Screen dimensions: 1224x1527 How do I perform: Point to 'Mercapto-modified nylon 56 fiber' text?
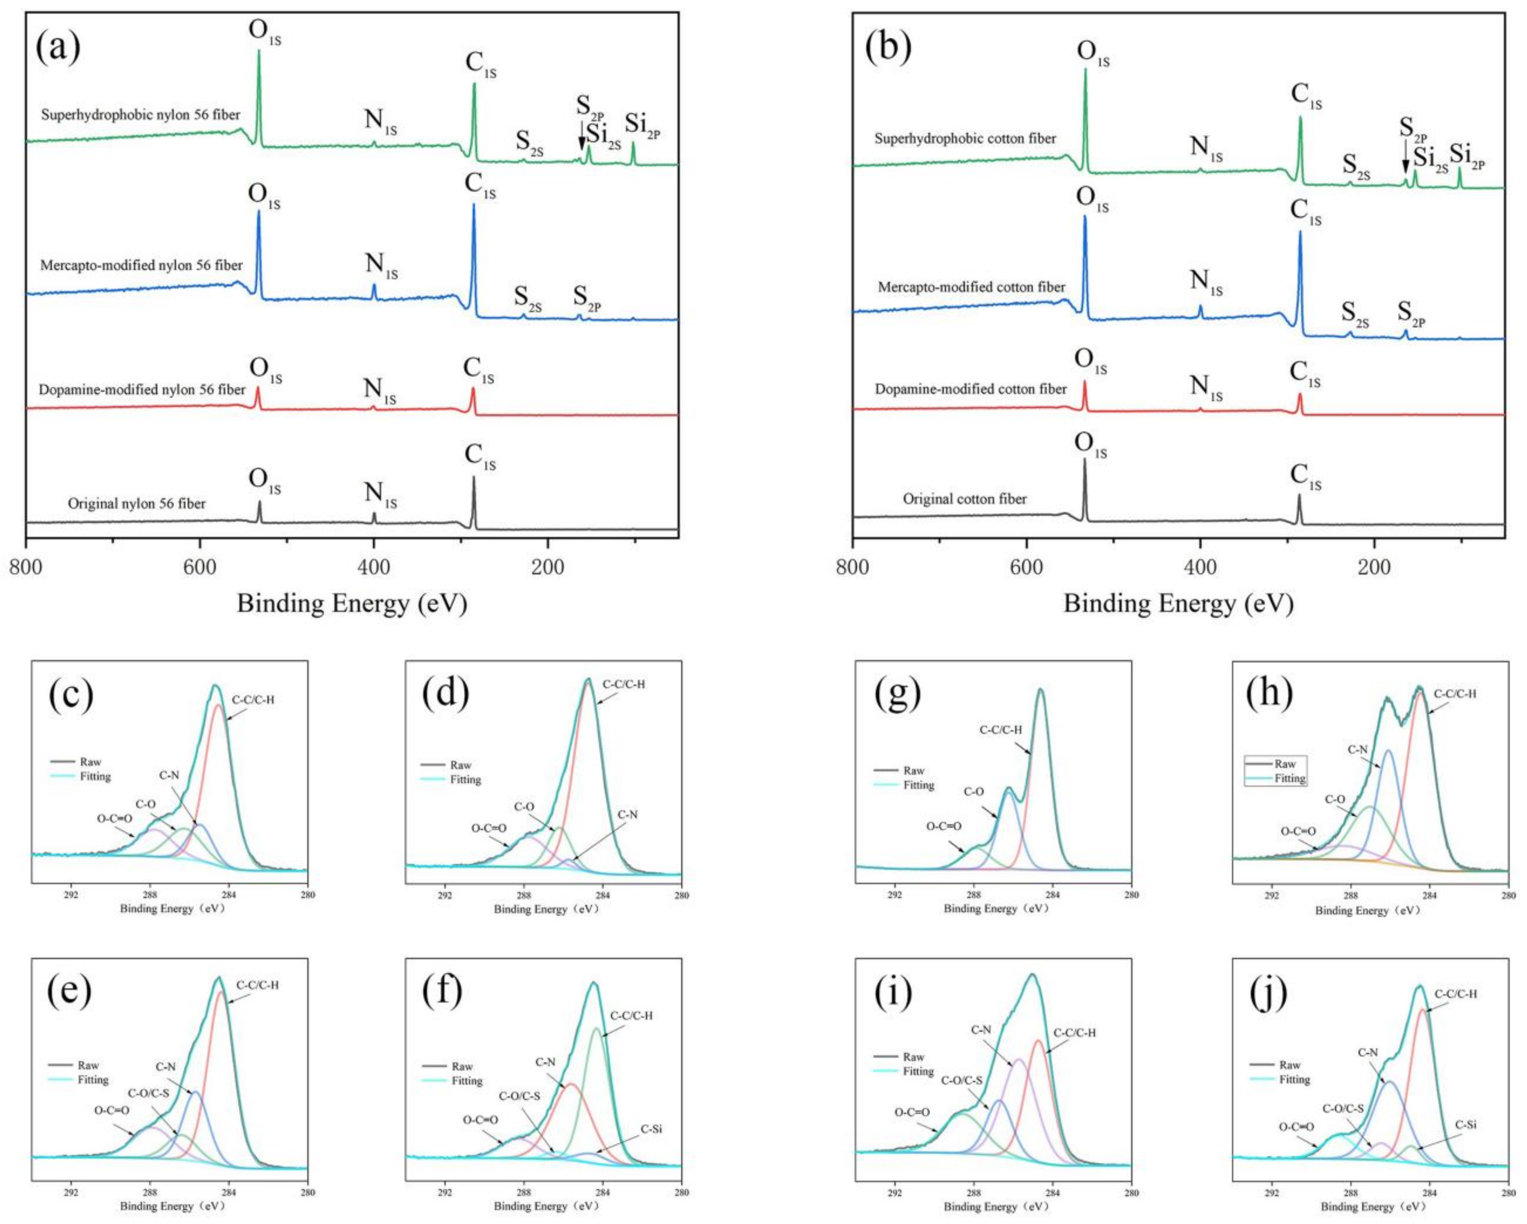(142, 266)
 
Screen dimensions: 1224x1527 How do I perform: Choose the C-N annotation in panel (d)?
(628, 815)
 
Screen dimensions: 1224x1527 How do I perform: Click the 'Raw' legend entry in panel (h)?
(1284, 764)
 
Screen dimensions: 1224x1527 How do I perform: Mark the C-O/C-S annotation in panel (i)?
(961, 1080)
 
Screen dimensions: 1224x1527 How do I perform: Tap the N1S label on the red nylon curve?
(380, 389)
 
